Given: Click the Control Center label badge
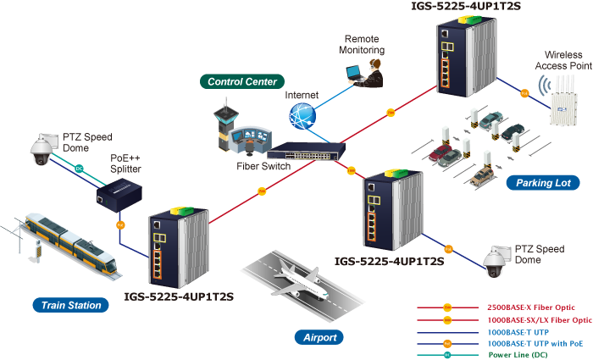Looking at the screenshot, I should [242, 81].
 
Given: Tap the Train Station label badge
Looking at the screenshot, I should [72, 305].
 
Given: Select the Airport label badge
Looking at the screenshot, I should [319, 337].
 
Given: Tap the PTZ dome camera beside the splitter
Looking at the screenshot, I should [40, 151].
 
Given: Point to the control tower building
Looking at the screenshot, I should [226, 123].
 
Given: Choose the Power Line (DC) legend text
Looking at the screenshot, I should [517, 355].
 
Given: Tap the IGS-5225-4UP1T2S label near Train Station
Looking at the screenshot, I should [179, 296].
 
